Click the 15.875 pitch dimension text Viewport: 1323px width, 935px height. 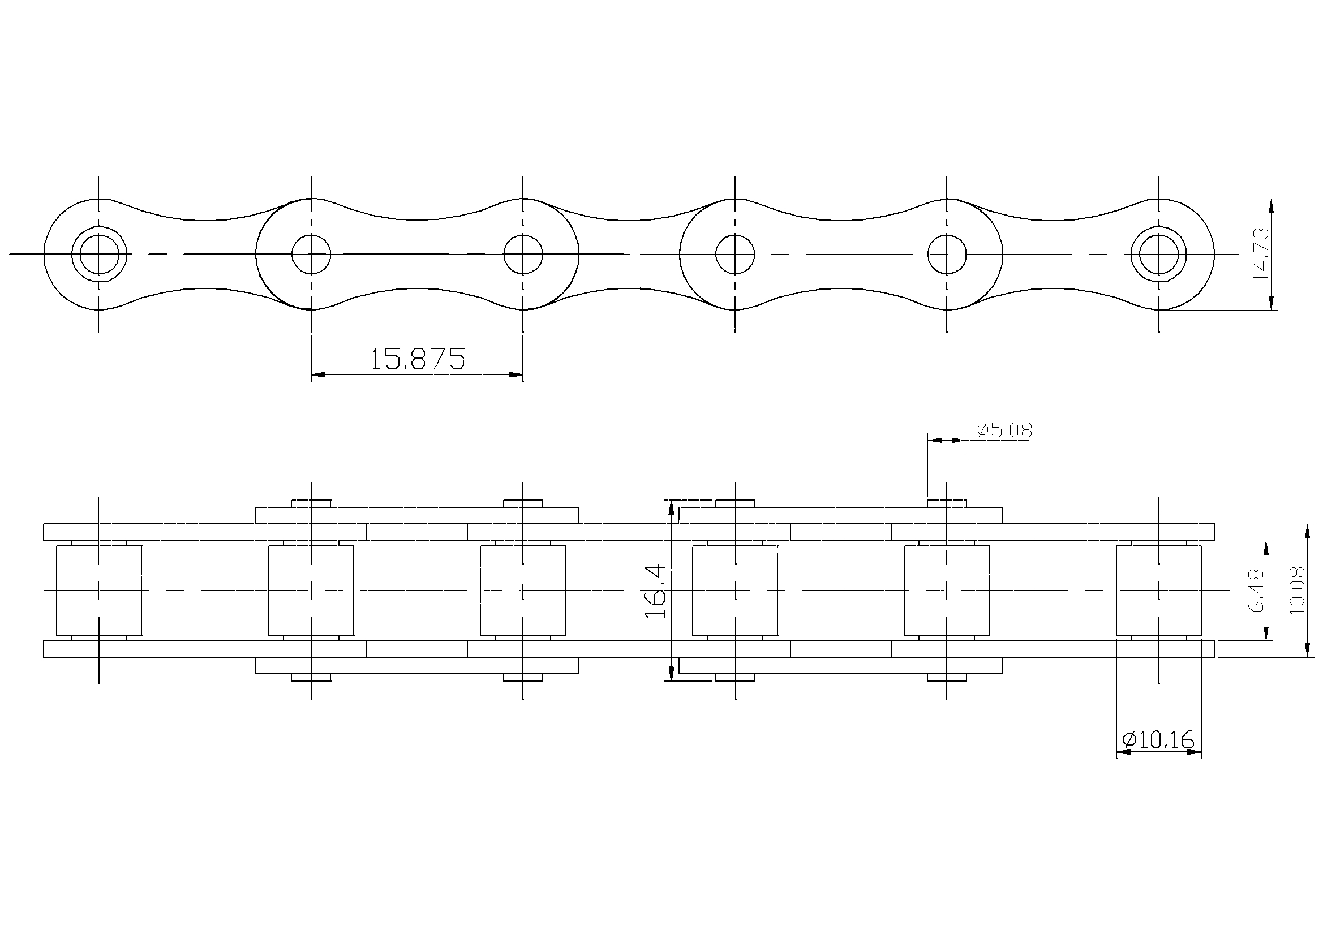point(416,358)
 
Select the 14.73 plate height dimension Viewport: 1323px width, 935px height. point(1262,254)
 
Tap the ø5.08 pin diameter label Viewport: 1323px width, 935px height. point(1005,430)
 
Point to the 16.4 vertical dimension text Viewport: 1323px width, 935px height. point(655,591)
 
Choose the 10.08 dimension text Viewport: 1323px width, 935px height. point(1297,591)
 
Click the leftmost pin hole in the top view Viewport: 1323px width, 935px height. point(99,254)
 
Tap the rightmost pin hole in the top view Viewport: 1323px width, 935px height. point(1159,254)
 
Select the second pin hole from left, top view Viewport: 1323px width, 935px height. point(311,254)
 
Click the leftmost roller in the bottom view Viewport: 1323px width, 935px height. point(99,590)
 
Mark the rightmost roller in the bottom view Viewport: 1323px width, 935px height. point(1159,590)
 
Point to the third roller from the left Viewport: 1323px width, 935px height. point(523,590)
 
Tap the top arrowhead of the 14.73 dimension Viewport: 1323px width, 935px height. point(1271,206)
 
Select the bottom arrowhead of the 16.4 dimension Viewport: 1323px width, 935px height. point(671,673)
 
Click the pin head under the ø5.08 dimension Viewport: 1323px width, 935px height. point(947,503)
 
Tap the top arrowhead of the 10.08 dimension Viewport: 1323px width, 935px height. point(1306,531)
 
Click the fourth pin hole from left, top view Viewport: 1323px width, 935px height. point(734,254)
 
